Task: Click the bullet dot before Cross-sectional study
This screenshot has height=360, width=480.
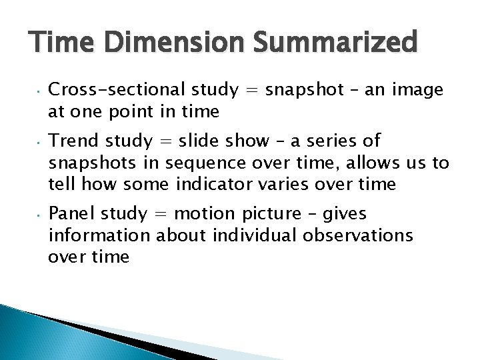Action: (39, 91)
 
